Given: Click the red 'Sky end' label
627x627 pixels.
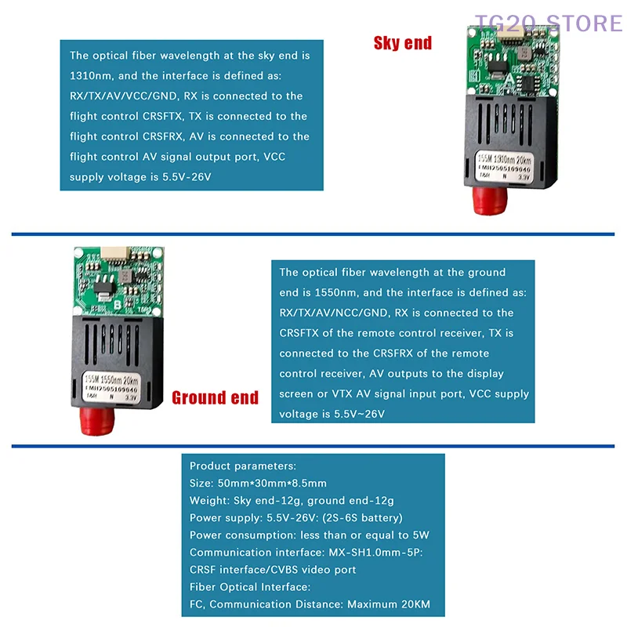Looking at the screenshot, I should [x=403, y=43].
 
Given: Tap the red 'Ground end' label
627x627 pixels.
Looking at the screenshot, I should [x=215, y=397].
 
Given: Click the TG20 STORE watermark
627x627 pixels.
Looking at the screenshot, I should [x=548, y=22].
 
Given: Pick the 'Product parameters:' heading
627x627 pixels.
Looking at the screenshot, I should [x=243, y=466].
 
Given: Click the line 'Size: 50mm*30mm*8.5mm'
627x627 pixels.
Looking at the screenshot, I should [x=258, y=483].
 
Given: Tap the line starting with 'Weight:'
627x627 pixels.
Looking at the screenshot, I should [x=292, y=500].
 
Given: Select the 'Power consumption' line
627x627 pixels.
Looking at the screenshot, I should [x=310, y=535].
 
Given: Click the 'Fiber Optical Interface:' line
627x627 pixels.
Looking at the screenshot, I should [x=250, y=587].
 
